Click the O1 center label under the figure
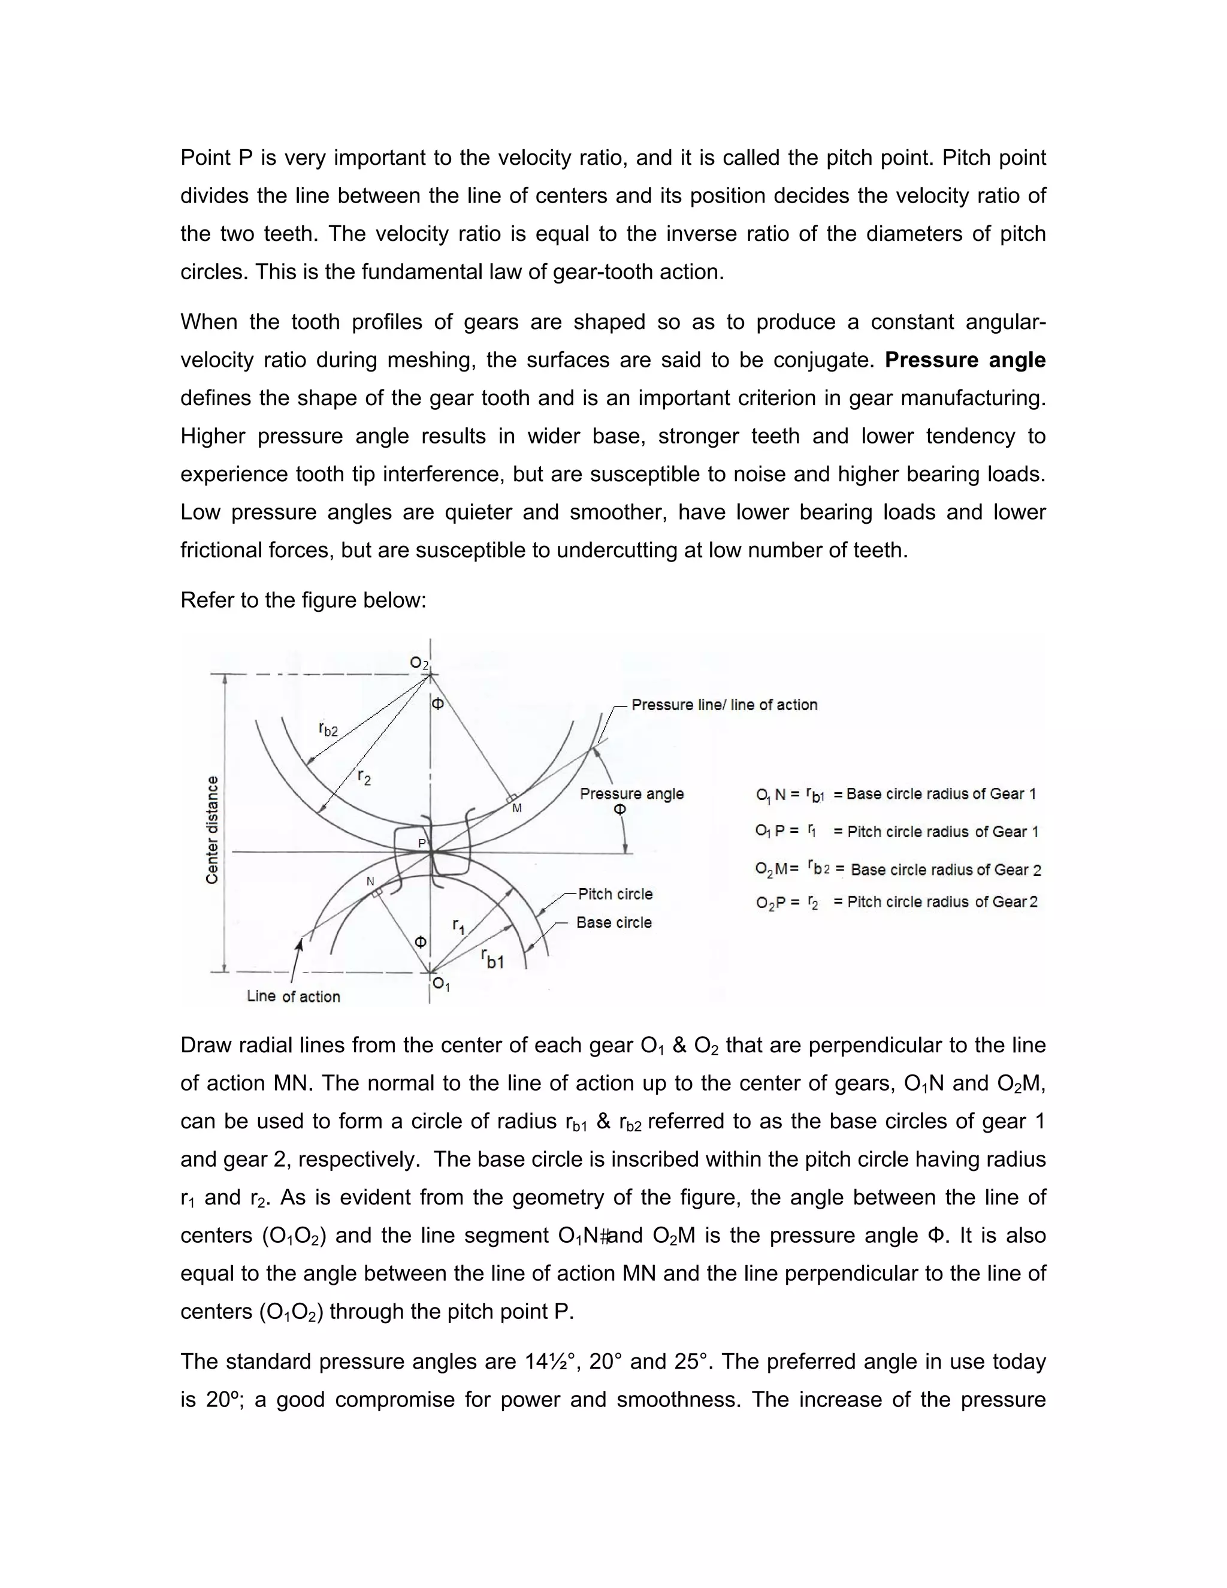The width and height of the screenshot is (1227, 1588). [441, 985]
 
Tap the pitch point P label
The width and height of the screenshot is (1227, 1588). [422, 843]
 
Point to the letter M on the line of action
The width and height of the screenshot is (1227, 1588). [517, 808]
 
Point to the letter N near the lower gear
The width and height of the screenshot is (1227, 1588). [370, 881]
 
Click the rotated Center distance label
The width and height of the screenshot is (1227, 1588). [212, 829]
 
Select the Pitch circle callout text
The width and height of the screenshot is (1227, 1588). [615, 893]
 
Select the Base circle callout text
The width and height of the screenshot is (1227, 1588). [613, 922]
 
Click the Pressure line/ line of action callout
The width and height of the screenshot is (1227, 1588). [724, 705]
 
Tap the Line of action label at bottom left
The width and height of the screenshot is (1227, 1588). [293, 996]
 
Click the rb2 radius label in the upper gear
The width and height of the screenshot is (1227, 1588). [328, 729]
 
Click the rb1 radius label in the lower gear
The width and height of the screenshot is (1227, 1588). [493, 960]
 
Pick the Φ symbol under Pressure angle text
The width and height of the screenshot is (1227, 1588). [620, 809]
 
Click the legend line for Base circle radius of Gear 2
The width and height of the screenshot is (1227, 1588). [897, 869]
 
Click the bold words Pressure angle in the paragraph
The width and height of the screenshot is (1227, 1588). [965, 360]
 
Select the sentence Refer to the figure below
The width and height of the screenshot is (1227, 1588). [303, 600]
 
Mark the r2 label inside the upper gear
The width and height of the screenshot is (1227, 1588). [364, 777]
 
